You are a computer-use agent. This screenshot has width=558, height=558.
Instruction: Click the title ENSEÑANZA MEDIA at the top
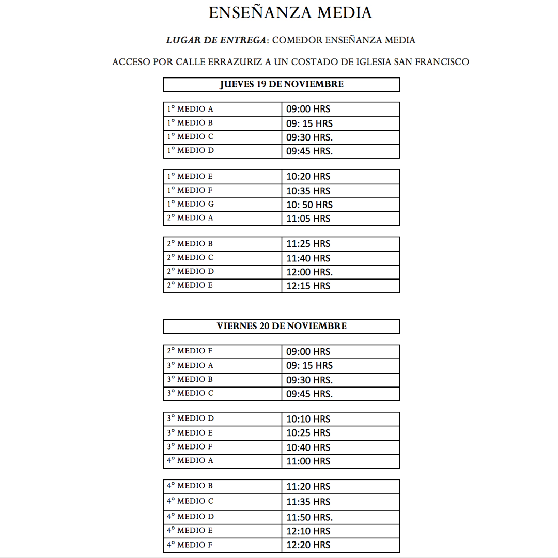click(290, 13)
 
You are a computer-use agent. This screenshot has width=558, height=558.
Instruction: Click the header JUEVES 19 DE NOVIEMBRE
click(281, 84)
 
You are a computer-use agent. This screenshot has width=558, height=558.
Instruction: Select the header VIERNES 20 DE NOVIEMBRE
click(281, 326)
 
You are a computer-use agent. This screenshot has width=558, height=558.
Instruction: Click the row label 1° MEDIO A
click(190, 109)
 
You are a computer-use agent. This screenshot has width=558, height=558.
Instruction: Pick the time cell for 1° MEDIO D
click(309, 151)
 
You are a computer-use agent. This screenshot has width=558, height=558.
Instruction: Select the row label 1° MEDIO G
click(190, 204)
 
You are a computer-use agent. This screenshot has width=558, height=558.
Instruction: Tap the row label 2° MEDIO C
click(190, 258)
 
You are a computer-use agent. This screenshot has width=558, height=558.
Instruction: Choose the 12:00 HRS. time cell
click(309, 272)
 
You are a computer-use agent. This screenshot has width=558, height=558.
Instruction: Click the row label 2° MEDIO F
click(190, 351)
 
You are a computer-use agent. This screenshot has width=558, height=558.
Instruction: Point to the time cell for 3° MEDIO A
click(309, 365)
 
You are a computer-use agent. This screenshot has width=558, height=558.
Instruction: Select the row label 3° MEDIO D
click(190, 419)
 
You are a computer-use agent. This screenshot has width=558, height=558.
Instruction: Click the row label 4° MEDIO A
click(190, 461)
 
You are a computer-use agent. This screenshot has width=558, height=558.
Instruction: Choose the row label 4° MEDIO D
click(190, 517)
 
